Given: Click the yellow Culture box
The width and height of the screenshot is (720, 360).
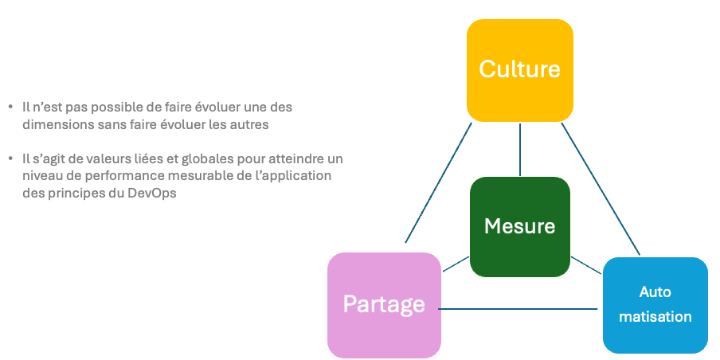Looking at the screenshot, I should [x=519, y=69].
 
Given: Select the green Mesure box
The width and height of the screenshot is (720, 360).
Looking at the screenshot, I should [x=519, y=226].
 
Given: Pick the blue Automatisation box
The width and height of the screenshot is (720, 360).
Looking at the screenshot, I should [x=655, y=304].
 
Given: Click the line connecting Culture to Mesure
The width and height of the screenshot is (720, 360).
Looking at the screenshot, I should [x=519, y=150].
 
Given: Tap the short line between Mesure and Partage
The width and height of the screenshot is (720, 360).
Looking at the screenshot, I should [x=456, y=264].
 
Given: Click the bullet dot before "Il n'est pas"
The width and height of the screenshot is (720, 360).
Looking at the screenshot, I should [x=10, y=107].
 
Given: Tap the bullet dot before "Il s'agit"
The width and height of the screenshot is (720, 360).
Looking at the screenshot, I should [x=10, y=158].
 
